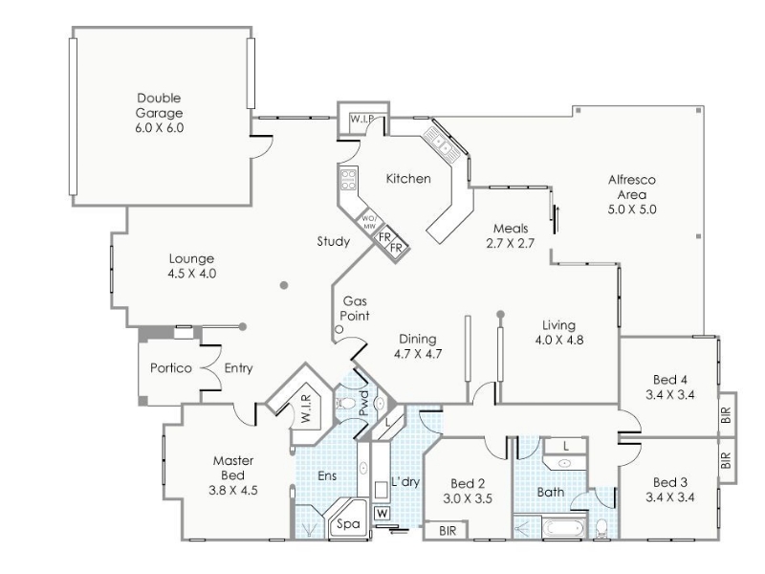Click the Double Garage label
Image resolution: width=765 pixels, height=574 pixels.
coord(159,105)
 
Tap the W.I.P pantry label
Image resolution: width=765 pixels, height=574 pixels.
coord(362,119)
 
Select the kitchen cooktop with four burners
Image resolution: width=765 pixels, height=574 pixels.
coord(348,179)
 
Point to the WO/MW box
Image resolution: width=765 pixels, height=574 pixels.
coord(368,223)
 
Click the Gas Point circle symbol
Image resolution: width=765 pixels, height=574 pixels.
coord(339,329)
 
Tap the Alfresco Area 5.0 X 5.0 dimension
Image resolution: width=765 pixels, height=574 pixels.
coord(632,210)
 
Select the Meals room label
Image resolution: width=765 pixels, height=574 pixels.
coord(511,228)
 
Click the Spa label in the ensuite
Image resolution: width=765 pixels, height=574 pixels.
coord(348,524)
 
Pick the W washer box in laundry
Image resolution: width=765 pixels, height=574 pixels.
coord(382,514)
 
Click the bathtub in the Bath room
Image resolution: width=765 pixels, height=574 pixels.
coord(563,529)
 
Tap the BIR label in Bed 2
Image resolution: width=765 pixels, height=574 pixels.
coord(448,531)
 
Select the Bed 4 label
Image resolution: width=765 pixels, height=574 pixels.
coord(670,379)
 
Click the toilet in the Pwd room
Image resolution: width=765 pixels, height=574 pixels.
coord(345,403)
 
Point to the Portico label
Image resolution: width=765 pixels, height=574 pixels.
coord(171,367)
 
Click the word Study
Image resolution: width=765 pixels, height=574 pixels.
coord(333,241)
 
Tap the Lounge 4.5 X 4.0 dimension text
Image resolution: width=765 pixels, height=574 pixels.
coord(192,274)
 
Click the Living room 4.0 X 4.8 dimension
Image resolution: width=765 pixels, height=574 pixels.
coord(559,340)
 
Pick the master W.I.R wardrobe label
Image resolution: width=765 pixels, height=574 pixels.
coord(306,409)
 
